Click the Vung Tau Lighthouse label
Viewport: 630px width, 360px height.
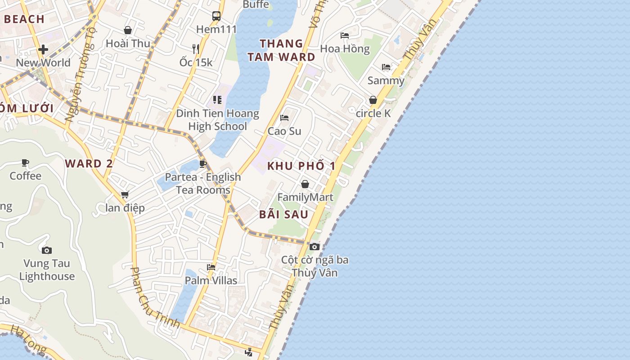click(47, 270)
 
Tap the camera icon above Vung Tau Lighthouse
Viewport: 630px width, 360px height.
click(47, 250)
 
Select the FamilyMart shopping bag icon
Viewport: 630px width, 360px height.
click(305, 184)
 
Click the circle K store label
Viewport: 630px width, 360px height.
click(373, 113)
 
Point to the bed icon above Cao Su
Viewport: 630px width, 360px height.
click(284, 118)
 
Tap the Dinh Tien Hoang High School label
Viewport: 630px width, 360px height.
click(217, 120)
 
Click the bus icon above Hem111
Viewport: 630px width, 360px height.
click(216, 16)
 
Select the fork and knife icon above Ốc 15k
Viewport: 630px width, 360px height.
click(195, 49)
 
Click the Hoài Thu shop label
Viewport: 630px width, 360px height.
click(128, 43)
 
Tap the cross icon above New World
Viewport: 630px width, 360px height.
click(43, 49)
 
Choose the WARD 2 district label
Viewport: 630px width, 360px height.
click(89, 163)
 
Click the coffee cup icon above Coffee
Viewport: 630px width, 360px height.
click(25, 163)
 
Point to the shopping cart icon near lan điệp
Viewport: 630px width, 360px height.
click(125, 195)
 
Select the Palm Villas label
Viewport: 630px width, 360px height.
click(211, 280)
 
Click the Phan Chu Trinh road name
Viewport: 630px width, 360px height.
click(154, 297)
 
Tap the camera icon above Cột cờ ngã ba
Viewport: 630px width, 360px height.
click(315, 247)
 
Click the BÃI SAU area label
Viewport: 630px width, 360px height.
click(283, 214)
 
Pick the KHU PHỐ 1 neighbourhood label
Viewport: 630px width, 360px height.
click(301, 166)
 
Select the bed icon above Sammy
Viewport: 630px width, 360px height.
click(386, 67)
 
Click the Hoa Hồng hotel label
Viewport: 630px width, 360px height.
click(345, 49)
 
